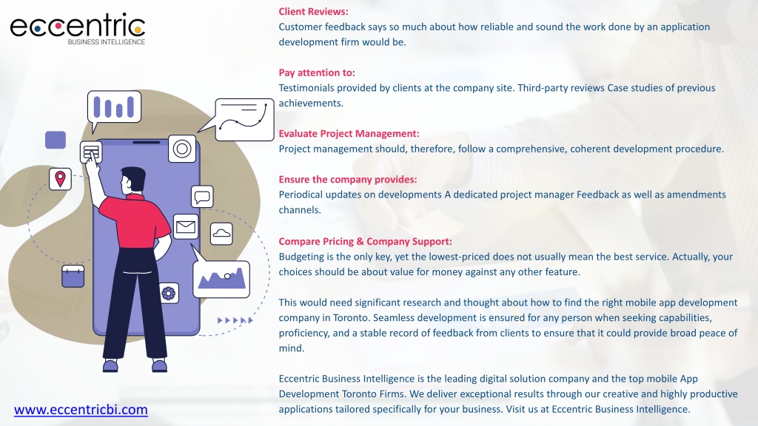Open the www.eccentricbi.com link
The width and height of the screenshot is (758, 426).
[x=81, y=410]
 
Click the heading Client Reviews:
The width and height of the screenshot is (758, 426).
[x=313, y=12]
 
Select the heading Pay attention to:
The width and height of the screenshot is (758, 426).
[x=317, y=72]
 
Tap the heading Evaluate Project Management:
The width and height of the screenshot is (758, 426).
[x=349, y=134]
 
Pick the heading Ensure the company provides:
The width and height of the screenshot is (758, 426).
[x=348, y=180]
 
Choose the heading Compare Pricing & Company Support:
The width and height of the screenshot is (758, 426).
[x=366, y=242]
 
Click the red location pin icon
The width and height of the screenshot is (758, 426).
[x=60, y=179]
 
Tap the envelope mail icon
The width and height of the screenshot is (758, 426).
[x=186, y=226]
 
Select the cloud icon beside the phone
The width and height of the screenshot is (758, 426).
[x=221, y=234]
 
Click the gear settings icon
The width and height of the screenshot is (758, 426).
[x=168, y=293]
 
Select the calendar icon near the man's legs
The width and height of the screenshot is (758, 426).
[x=73, y=276]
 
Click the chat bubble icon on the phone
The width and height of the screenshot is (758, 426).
[x=202, y=197]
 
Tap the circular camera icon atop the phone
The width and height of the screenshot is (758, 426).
[x=182, y=149]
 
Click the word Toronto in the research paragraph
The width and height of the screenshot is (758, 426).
[x=350, y=318]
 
